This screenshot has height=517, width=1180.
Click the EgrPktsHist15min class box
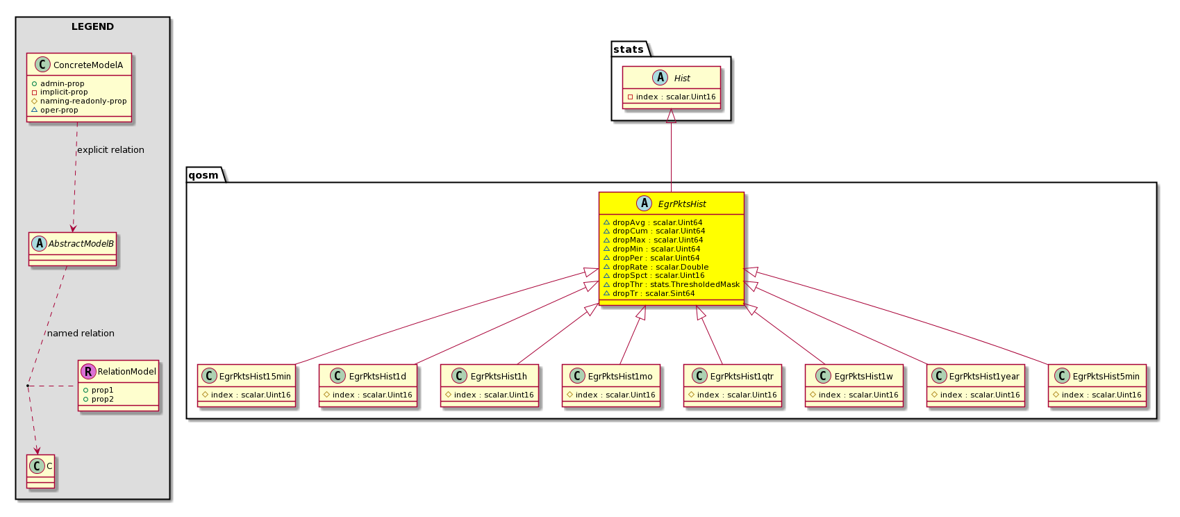247,385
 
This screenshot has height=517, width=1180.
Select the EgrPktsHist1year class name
984,377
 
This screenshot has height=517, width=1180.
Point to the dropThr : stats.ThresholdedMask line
672,285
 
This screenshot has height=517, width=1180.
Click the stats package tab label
629,49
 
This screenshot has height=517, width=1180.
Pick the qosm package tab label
203,175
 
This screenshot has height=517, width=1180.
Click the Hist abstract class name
681,78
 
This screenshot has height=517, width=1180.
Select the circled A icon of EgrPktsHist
644,204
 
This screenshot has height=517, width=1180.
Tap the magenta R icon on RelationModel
88,372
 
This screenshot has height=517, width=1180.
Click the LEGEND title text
92,26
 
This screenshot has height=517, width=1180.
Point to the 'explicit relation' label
110,149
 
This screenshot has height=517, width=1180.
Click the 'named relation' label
81,333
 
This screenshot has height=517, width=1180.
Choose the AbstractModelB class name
81,243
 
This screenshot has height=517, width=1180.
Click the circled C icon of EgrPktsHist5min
1061,376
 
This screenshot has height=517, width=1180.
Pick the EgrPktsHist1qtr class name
742,377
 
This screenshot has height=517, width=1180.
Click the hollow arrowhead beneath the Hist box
671,116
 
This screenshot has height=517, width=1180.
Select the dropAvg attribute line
653,222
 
